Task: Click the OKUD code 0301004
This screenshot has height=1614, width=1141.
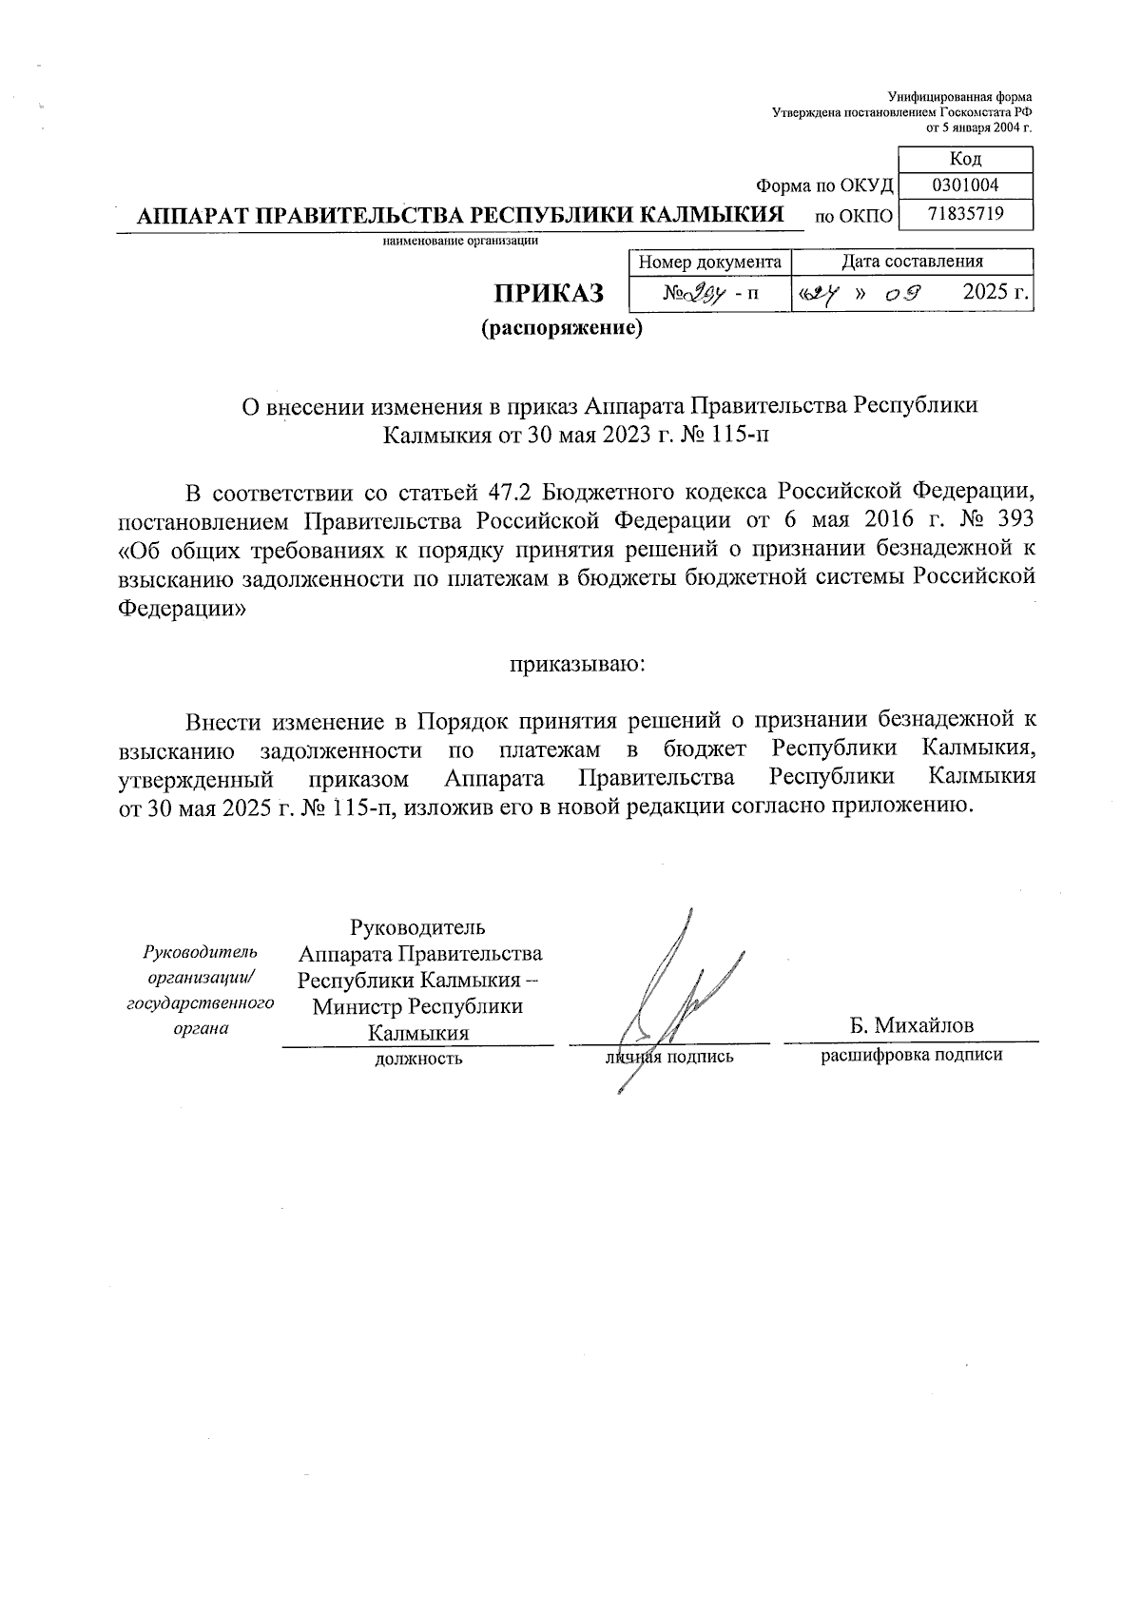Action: (x=965, y=185)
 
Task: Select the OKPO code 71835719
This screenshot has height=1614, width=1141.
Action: (x=965, y=214)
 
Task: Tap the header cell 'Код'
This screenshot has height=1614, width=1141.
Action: (x=965, y=159)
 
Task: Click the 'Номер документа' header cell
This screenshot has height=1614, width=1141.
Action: (x=709, y=262)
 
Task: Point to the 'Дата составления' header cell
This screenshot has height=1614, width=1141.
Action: (x=912, y=262)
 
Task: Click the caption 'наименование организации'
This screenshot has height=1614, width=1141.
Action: (x=460, y=241)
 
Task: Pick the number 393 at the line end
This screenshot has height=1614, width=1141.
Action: (x=1013, y=520)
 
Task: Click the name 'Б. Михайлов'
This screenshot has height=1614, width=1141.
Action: (x=911, y=1025)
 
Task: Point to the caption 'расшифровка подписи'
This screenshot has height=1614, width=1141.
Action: (x=911, y=1055)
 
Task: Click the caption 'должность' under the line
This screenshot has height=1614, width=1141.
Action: (x=419, y=1058)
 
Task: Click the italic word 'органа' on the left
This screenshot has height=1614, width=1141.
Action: (x=202, y=1028)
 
